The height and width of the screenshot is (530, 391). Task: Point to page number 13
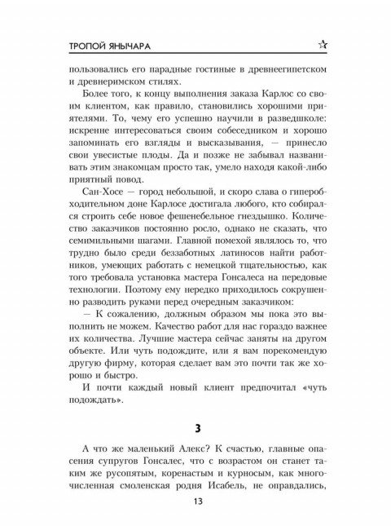pyautogui.click(x=195, y=501)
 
